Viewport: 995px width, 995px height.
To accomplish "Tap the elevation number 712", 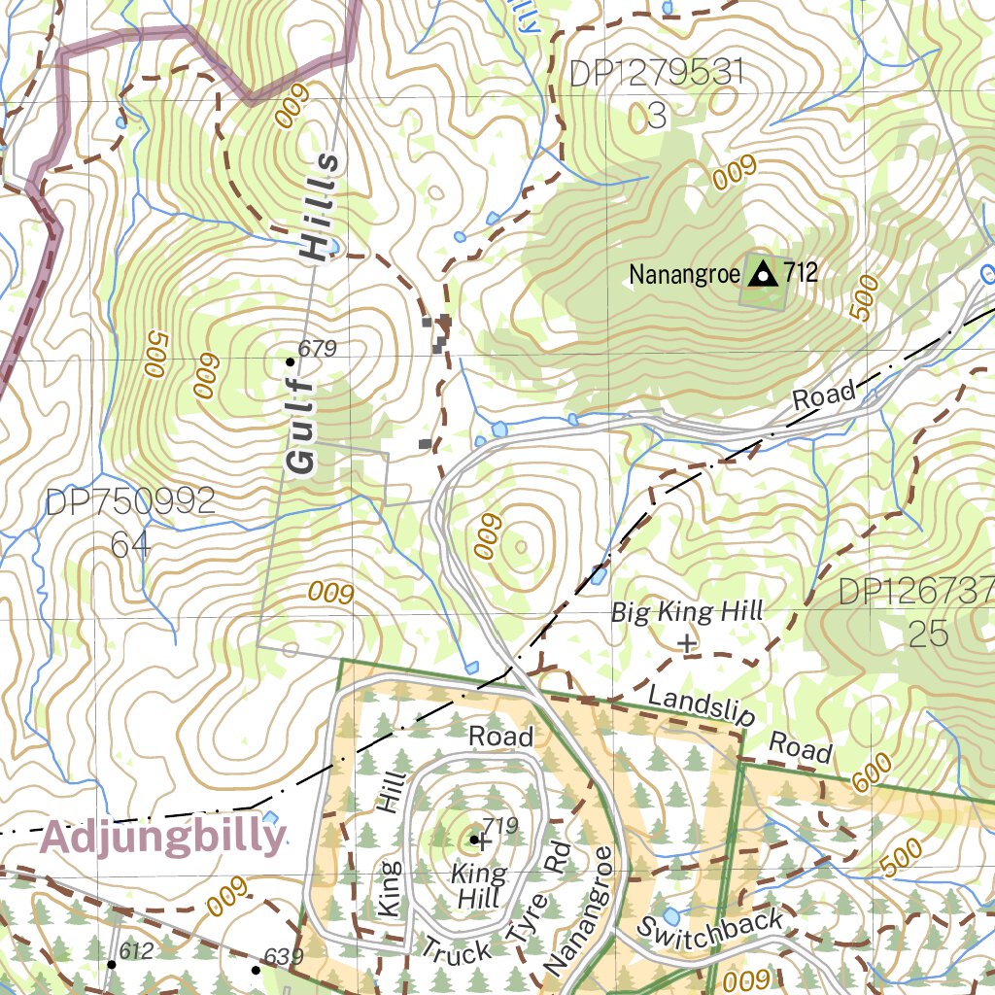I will [801, 274].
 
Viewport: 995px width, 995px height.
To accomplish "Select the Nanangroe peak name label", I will [684, 274].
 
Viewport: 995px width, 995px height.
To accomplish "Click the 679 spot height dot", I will [290, 361].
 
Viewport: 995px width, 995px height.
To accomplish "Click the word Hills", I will [322, 207].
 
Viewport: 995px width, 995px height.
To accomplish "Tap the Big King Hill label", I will [686, 612].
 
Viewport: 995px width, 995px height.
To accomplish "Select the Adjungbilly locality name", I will [163, 837].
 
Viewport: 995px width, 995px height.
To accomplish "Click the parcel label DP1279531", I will [657, 74].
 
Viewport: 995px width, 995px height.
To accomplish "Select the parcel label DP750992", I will [130, 502].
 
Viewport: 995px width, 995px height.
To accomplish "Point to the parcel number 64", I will [130, 544].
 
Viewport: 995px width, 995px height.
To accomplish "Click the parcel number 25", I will [928, 634].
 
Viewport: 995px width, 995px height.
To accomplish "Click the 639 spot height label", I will [284, 957].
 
